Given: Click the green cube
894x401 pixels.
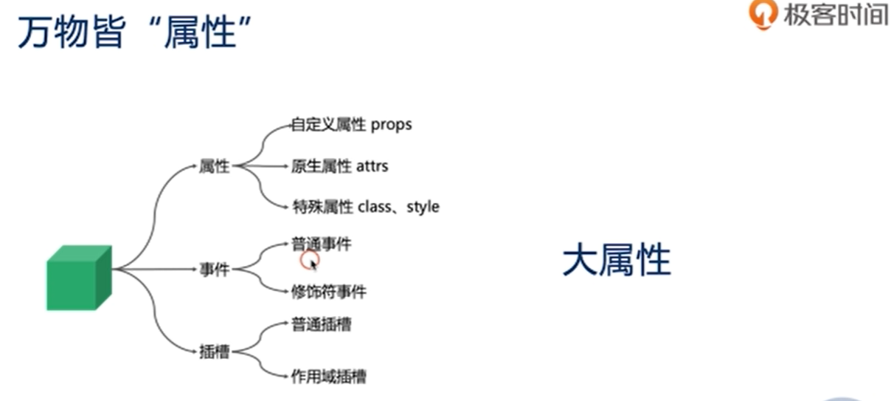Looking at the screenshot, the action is (78, 278).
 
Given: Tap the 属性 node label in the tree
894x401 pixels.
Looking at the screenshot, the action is (214, 167).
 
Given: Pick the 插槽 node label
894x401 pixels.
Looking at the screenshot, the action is (215, 352).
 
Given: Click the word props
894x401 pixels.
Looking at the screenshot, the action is (391, 126).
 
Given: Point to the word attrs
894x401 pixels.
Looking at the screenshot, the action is (372, 166).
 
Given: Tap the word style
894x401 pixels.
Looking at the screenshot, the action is (423, 207).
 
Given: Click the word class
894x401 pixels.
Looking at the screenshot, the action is (375, 207).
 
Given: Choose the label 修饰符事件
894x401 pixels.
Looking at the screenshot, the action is (328, 292).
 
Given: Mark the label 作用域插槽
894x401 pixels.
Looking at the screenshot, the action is (328, 377).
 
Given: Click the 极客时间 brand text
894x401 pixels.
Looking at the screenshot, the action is (835, 15).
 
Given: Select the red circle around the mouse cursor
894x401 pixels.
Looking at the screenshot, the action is (310, 260).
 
